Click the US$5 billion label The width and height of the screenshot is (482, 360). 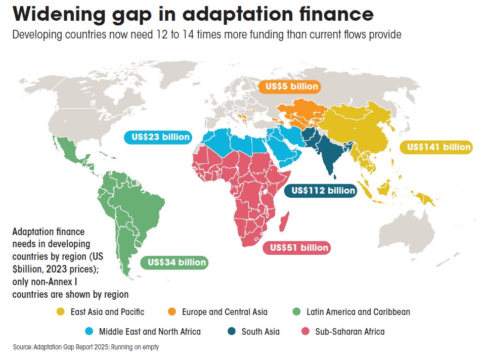289,86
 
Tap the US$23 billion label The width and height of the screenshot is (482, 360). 157,137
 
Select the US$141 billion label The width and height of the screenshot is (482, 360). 435,147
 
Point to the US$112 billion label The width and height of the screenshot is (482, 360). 320,191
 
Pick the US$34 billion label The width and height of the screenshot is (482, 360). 177,262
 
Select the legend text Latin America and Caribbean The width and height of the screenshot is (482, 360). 358,312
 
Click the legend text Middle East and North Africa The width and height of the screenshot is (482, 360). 150,332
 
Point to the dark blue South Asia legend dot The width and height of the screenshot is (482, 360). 231,332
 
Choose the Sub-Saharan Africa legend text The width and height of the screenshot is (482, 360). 349,332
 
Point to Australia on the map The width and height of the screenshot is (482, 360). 405,231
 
